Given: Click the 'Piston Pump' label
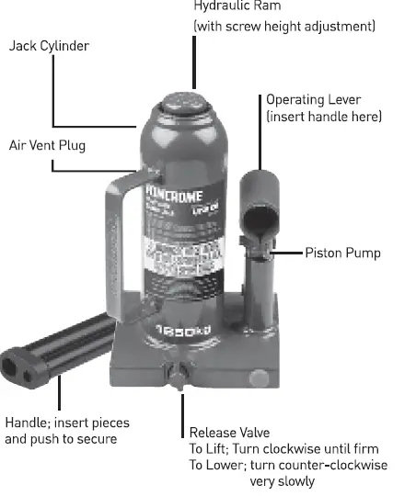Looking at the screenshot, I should [342, 252].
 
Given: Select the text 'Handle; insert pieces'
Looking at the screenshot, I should [67, 423].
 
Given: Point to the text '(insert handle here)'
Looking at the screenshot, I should [323, 117].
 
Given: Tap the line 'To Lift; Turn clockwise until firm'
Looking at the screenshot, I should [283, 449].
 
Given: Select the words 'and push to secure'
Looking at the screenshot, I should [61, 439].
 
